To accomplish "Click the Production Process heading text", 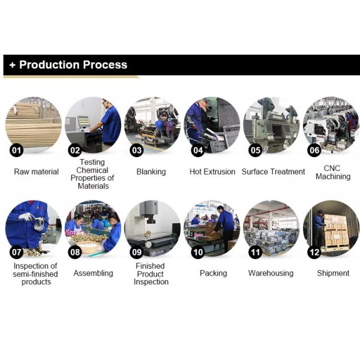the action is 73,65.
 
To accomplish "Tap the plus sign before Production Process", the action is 12,65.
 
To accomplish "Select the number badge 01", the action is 17,151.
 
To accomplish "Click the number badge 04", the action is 198,151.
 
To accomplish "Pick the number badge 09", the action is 137,253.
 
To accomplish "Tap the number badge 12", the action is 314,253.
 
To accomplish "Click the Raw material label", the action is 36,172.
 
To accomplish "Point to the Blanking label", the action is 151,172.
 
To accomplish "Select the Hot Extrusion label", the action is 212,172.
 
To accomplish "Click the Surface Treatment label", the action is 273,172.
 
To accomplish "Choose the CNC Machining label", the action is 333,172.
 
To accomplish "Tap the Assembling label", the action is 93,273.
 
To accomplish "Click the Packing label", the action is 213,273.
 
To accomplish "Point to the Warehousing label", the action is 271,273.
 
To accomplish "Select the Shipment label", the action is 333,273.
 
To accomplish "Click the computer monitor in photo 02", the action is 83,122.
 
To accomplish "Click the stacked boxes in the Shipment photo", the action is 336,230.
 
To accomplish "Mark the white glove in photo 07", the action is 26,217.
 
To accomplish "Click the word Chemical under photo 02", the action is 92,170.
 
